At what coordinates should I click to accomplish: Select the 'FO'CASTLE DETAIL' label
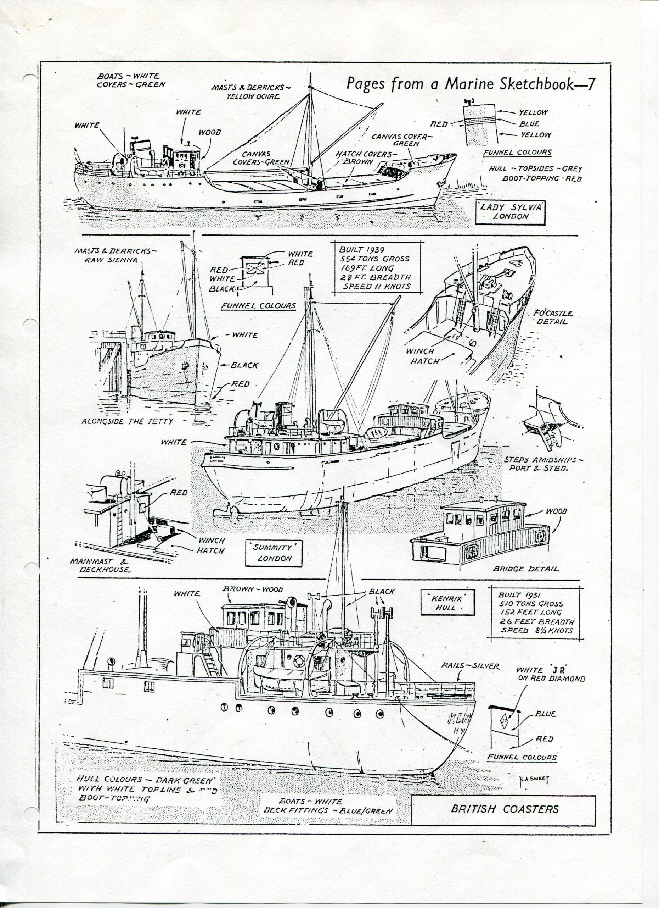tap(553, 317)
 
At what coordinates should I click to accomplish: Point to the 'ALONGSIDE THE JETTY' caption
tap(127, 421)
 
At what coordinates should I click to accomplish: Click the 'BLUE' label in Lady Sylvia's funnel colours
tap(529, 124)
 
